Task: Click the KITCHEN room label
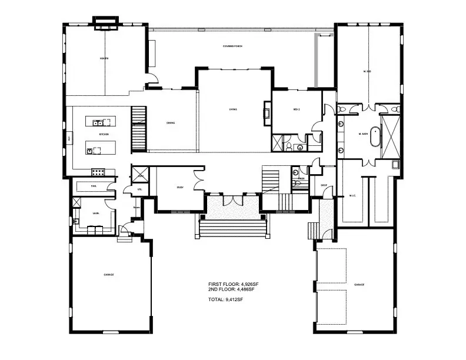(x=104, y=135)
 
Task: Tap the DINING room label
(x=171, y=123)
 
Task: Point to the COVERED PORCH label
(x=233, y=46)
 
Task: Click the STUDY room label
(x=180, y=188)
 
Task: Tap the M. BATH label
(x=363, y=134)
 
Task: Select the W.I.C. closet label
(x=352, y=195)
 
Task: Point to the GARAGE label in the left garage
(x=109, y=275)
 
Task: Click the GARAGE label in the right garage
(x=359, y=284)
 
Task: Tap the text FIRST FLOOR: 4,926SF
(x=233, y=284)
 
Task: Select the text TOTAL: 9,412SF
(x=225, y=299)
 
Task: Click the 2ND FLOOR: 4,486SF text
(x=231, y=289)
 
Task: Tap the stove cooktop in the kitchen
(x=98, y=172)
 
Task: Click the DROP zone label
(x=324, y=185)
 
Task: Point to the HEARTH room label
(x=104, y=59)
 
